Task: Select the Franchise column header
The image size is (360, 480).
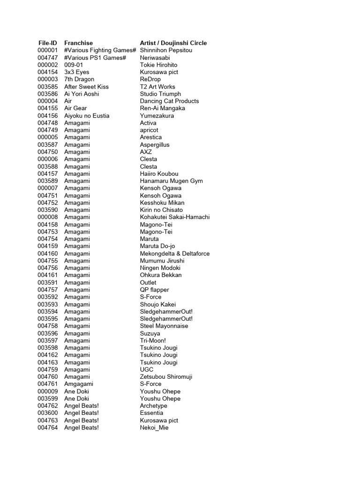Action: (x=78, y=43)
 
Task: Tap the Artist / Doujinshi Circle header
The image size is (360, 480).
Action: (x=173, y=43)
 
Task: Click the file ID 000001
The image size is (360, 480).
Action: (x=47, y=50)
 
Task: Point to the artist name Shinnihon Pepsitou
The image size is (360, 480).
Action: (x=166, y=50)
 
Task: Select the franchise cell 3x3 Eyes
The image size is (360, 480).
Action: (x=76, y=72)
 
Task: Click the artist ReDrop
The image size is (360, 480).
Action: (x=150, y=79)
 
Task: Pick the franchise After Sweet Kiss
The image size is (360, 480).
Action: (x=86, y=87)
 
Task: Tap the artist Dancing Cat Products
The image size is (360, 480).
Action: (x=169, y=101)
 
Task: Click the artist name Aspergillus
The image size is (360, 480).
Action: (x=155, y=145)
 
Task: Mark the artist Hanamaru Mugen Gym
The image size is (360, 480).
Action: (x=171, y=181)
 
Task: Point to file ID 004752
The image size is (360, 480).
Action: (x=47, y=202)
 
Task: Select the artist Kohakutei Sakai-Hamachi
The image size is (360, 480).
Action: (x=175, y=217)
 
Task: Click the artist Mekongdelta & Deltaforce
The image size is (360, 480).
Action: (x=174, y=254)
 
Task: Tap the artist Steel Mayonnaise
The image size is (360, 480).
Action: (x=164, y=326)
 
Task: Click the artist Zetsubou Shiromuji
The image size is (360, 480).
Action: (x=166, y=377)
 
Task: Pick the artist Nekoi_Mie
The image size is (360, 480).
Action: (x=154, y=427)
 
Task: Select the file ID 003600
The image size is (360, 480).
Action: (x=47, y=413)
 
